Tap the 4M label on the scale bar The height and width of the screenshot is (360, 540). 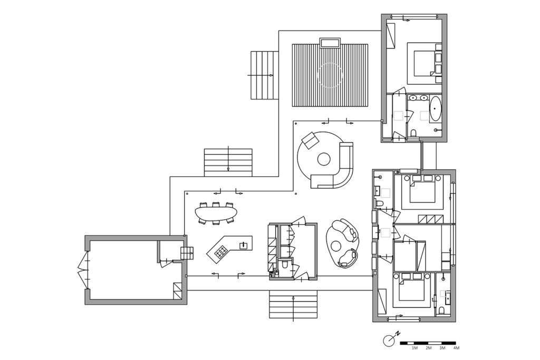pos(456,348)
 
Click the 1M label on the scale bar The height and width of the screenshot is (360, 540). pos(414,348)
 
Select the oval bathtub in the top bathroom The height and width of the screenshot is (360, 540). pos(435,109)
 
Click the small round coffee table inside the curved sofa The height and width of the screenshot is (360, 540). pos(324,159)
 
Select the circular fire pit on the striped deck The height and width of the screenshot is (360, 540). pos(330,75)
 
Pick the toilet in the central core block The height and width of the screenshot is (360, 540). pos(285,265)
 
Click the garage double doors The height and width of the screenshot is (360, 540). pos(83,270)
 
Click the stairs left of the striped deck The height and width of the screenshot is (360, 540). pos(264,75)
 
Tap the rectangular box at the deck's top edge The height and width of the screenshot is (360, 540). pos(330,43)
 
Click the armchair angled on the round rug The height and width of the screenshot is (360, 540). pos(310,140)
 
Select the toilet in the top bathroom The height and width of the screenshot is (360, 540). pos(413,133)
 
